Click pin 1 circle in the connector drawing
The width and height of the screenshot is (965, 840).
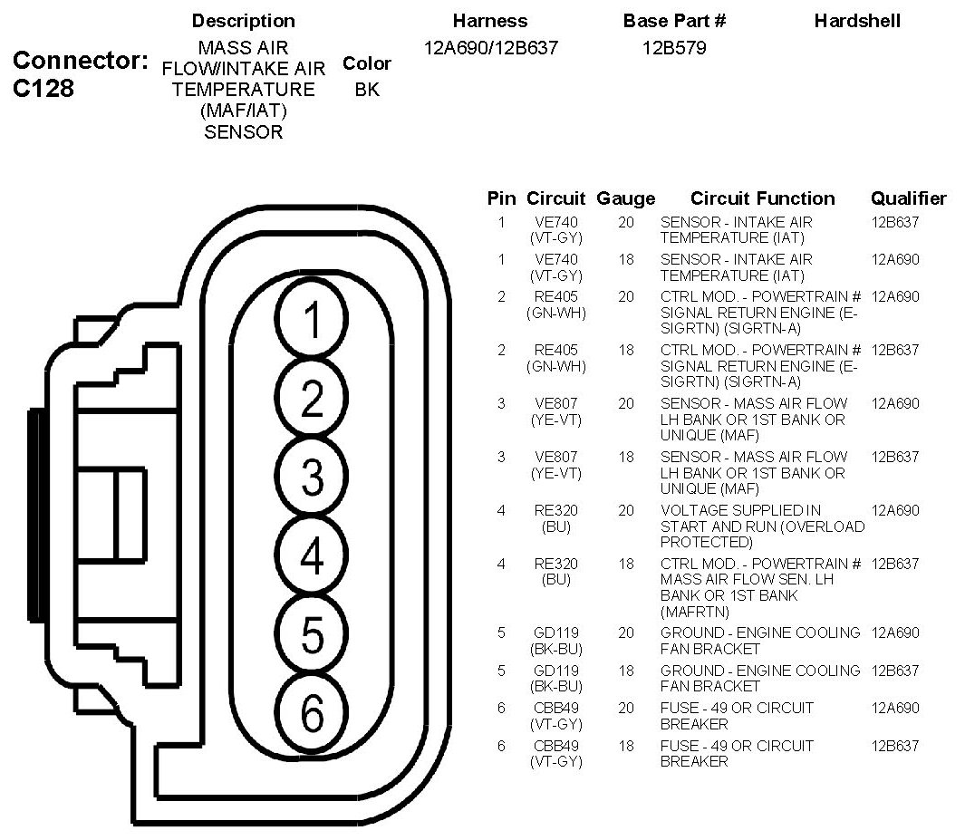[x=312, y=319]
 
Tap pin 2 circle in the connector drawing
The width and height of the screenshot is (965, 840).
[x=312, y=398]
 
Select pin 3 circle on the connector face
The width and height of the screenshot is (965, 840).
[x=312, y=477]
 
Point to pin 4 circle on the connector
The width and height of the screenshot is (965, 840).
[x=312, y=555]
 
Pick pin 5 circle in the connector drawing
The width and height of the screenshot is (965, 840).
[x=312, y=633]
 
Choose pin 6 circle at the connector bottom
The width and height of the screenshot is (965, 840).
[x=312, y=712]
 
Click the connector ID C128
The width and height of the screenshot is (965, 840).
[x=43, y=88]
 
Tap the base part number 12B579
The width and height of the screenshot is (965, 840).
[x=674, y=48]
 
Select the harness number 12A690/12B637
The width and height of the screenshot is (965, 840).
[x=490, y=48]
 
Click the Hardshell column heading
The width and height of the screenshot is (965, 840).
[x=857, y=21]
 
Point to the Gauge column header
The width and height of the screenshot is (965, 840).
[x=625, y=198]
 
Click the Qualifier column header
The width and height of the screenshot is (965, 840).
[x=909, y=198]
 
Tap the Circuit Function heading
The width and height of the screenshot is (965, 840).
[x=763, y=198]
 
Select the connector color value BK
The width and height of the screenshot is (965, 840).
[x=367, y=89]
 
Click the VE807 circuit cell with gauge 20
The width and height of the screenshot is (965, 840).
[x=555, y=411]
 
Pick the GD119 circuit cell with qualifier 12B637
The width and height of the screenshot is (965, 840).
[x=555, y=678]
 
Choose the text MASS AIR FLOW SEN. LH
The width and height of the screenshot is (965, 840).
[x=748, y=579]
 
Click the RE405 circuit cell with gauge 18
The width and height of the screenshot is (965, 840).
[x=555, y=358]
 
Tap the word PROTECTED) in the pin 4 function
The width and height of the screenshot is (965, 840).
[x=707, y=542]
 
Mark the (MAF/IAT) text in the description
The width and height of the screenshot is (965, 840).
[x=244, y=111]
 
